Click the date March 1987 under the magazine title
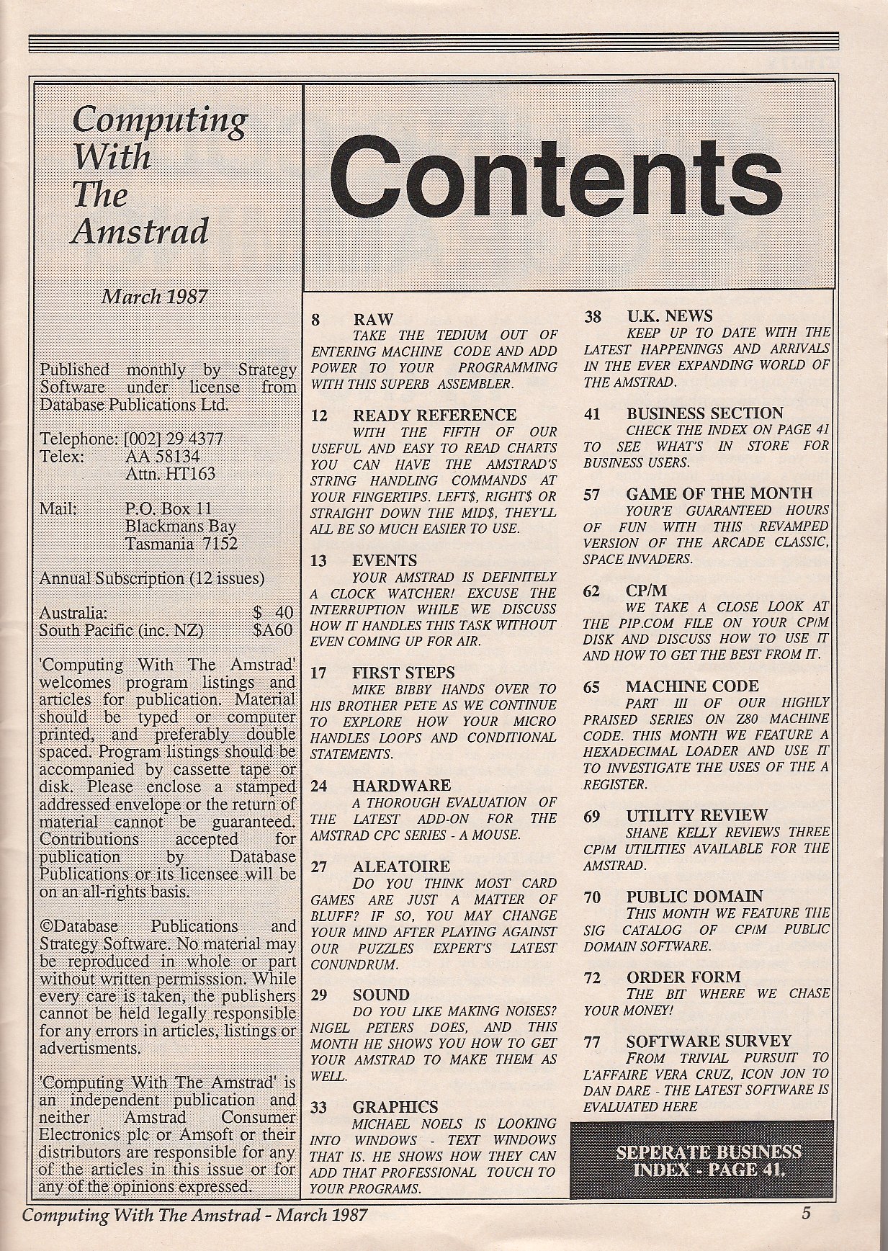tap(154, 296)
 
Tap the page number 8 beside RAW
tap(315, 320)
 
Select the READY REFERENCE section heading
tap(434, 416)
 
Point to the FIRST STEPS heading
tap(403, 673)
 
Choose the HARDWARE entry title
tap(401, 786)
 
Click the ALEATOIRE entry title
tap(401, 866)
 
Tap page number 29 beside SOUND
tap(318, 995)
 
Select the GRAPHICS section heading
tap(395, 1107)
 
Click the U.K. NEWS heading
tap(669, 317)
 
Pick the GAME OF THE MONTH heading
tap(718, 494)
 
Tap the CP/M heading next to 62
tap(646, 591)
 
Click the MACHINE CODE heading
tap(691, 686)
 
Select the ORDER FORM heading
tap(683, 977)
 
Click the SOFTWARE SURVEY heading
tap(708, 1041)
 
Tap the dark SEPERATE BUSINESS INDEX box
tap(701, 1159)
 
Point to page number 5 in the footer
tap(806, 1213)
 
